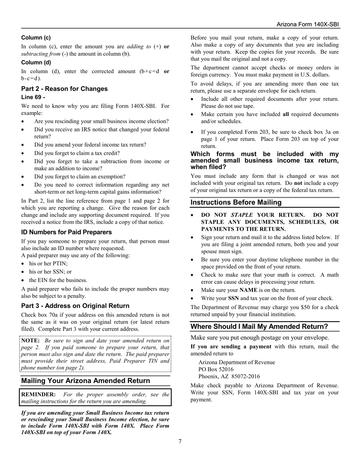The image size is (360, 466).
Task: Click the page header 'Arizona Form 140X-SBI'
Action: click(x=307, y=24)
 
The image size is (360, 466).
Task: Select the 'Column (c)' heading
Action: click(x=36, y=38)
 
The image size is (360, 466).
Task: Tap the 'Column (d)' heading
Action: click(x=36, y=62)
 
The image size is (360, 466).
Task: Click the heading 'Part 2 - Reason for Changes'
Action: click(x=64, y=89)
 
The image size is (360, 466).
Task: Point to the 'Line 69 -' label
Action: click(x=33, y=97)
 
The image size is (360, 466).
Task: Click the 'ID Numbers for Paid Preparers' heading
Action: click(x=66, y=232)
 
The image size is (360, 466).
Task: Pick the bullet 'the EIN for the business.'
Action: click(x=58, y=280)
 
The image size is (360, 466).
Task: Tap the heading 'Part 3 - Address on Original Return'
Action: click(x=75, y=306)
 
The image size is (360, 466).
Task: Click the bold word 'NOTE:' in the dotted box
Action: click(x=30, y=340)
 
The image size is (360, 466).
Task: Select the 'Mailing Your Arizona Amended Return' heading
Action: click(x=86, y=380)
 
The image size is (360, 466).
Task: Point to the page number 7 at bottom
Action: click(x=180, y=441)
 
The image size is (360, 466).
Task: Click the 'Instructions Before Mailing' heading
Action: click(x=236, y=202)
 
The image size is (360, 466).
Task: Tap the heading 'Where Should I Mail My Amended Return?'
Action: click(x=259, y=327)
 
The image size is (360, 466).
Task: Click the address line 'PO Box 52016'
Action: click(x=216, y=369)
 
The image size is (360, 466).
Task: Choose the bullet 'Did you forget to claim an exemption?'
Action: click(x=80, y=177)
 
